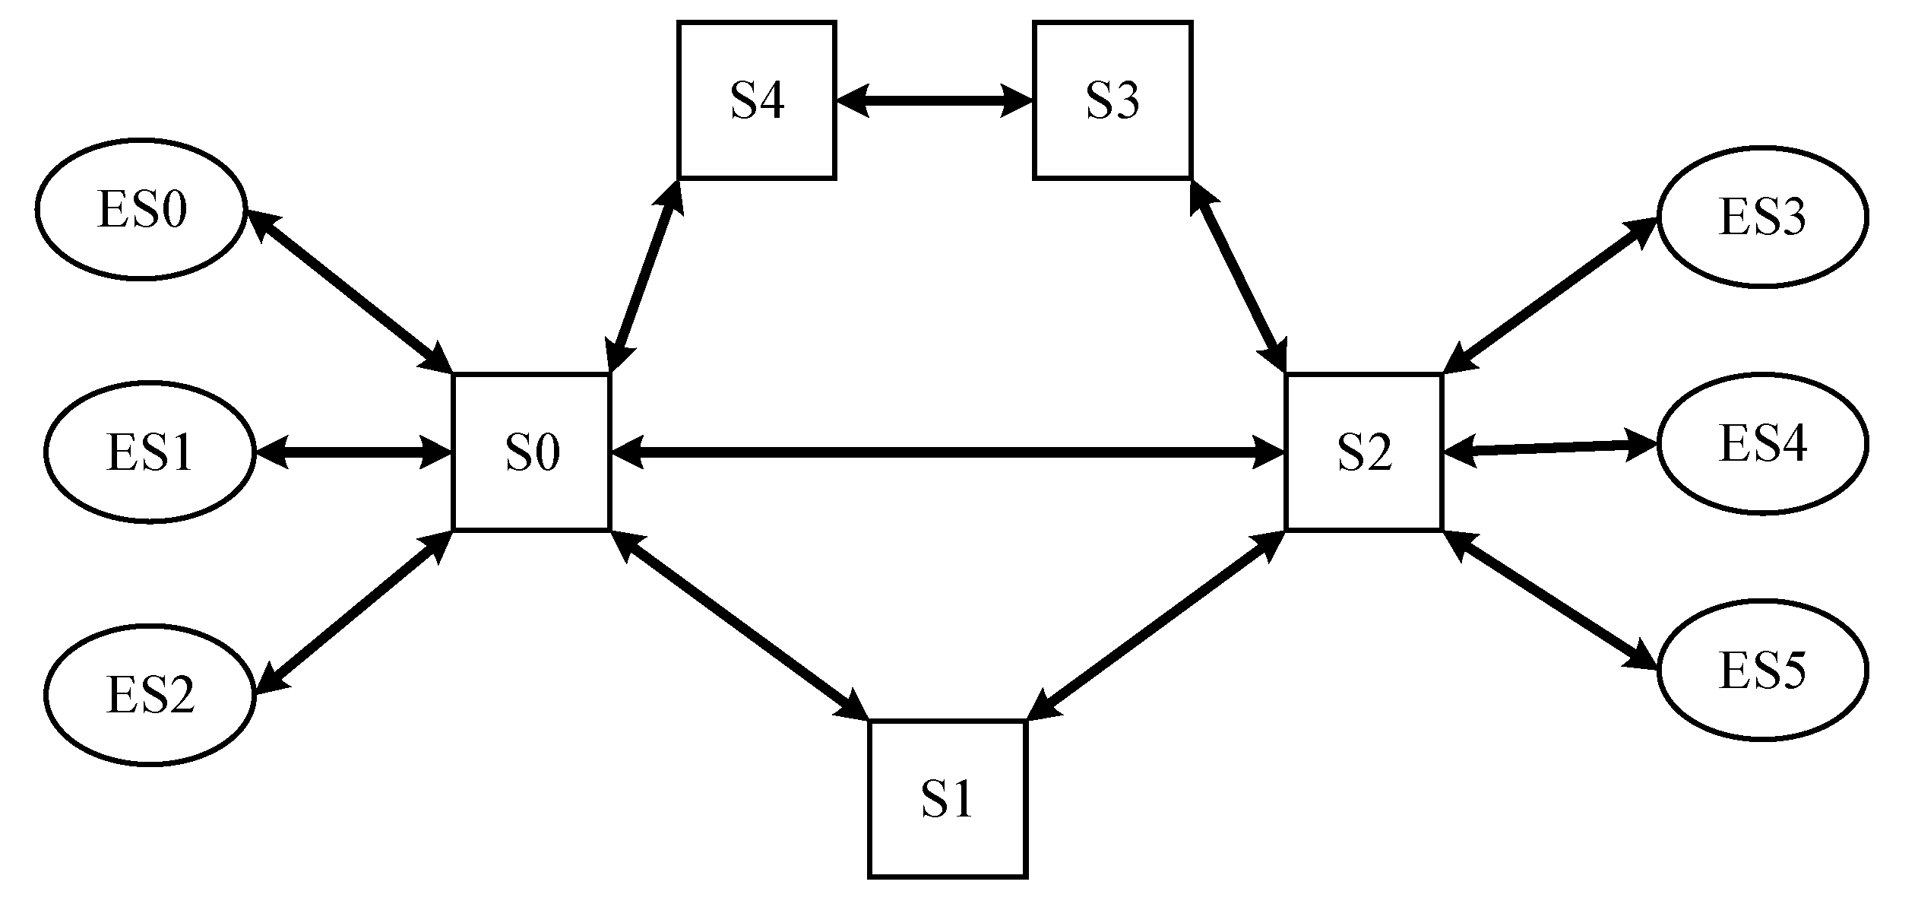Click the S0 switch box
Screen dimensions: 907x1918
click(531, 452)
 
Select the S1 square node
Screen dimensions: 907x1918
click(947, 798)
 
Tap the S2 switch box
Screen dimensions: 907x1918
click(1363, 452)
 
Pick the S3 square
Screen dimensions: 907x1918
click(1112, 100)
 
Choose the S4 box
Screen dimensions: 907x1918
click(757, 100)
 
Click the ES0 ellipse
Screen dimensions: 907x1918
click(141, 209)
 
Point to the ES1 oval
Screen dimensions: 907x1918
click(150, 452)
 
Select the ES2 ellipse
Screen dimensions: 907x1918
click(150, 694)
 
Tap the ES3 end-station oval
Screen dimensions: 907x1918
click(1761, 217)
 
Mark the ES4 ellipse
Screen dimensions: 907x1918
click(1761, 443)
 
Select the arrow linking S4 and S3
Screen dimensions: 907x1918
click(934, 100)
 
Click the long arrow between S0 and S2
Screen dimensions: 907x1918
click(947, 452)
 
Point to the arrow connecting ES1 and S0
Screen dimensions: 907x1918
click(353, 452)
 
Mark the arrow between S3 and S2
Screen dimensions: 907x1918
click(1238, 275)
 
